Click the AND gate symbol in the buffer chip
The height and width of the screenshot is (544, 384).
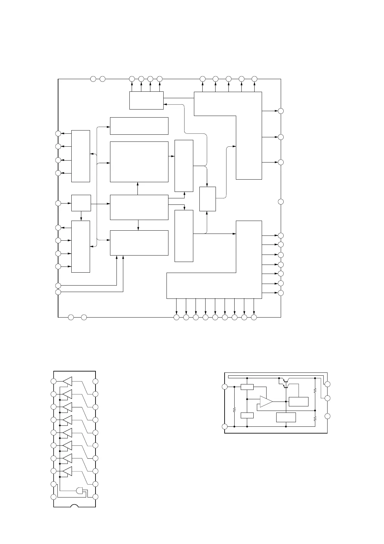(x=79, y=491)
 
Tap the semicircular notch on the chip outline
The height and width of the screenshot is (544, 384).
(x=75, y=506)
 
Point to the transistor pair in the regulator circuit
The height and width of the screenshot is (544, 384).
(x=284, y=383)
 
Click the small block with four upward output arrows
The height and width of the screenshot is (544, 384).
(x=146, y=100)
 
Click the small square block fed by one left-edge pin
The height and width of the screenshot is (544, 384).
(x=81, y=203)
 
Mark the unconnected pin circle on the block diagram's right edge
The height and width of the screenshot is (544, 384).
(x=281, y=202)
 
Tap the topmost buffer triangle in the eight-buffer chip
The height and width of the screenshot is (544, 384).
(x=67, y=381)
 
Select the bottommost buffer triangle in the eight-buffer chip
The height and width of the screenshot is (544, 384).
(x=67, y=471)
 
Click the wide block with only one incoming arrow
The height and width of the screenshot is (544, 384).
(x=139, y=126)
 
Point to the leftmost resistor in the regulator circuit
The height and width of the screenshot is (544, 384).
(x=234, y=410)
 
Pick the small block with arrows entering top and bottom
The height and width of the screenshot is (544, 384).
(x=207, y=199)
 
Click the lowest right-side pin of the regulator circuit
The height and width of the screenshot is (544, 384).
(x=327, y=416)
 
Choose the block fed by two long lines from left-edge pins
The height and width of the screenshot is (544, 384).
(x=139, y=243)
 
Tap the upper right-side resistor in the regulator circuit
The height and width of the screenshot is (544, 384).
(x=315, y=390)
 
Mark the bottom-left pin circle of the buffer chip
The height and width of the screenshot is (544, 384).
(x=54, y=497)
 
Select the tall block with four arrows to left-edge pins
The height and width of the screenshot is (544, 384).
(x=80, y=156)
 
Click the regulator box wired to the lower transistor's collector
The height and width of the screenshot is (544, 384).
(x=298, y=402)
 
